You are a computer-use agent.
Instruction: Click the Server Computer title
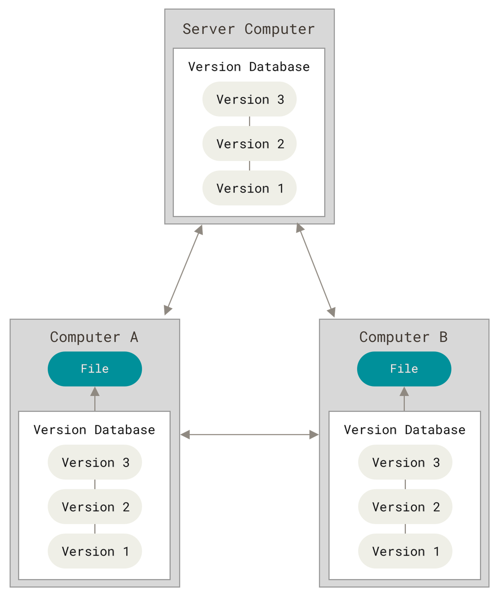[x=249, y=29]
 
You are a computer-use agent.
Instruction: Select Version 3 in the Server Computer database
[x=249, y=99]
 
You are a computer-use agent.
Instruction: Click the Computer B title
[x=403, y=337]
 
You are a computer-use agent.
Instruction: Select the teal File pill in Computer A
[x=95, y=369]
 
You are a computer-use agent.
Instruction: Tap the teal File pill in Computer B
[x=404, y=369]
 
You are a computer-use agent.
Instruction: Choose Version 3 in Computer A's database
[x=95, y=462]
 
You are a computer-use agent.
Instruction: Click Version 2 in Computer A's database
[x=95, y=507]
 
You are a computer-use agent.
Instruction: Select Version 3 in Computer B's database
[x=405, y=462]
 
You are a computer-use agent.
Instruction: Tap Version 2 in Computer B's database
[x=405, y=507]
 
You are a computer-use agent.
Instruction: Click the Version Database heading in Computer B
[x=405, y=430]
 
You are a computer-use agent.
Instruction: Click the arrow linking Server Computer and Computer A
[x=183, y=270]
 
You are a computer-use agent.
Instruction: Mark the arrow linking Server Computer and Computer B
[x=316, y=270]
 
